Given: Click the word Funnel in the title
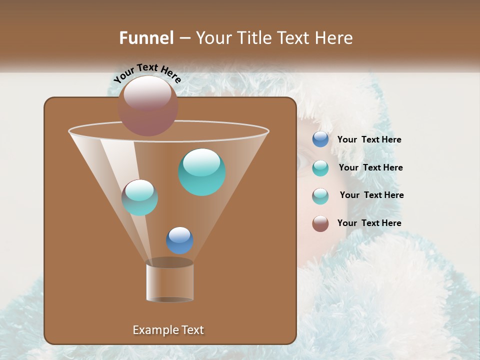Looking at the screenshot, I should (x=146, y=38).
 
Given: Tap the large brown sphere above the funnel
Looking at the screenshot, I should (x=148, y=105).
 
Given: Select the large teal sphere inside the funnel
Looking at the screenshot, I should (x=202, y=172).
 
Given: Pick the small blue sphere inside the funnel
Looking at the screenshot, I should (x=179, y=240).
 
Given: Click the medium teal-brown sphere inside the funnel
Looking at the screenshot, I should (x=139, y=197).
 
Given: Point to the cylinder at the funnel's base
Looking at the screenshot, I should (x=170, y=281).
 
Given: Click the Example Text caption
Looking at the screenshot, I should (x=168, y=330).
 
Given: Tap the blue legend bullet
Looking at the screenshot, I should (x=320, y=139).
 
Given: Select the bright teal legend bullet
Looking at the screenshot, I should (x=320, y=167).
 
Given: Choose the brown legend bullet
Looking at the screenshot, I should (x=320, y=223).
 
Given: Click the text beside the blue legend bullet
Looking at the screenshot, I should (x=369, y=140).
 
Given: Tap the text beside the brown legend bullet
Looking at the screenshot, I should (x=369, y=223).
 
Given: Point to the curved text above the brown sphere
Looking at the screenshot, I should (x=147, y=73).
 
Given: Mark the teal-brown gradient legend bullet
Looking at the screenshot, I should (x=320, y=195).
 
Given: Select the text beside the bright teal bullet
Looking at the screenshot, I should (x=370, y=168).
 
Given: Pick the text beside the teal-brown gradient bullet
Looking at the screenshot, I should (x=371, y=195).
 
